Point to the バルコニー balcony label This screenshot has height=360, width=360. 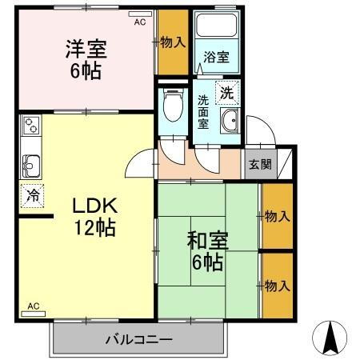click(x=138, y=340)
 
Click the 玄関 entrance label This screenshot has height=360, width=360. click(x=259, y=164)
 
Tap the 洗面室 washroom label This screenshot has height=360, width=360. click(x=204, y=113)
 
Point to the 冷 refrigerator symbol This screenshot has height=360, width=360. click(x=33, y=194)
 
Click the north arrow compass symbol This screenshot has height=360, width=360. click(x=331, y=338)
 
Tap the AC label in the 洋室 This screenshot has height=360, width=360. click(x=140, y=22)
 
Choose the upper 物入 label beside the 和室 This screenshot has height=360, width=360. click(x=277, y=216)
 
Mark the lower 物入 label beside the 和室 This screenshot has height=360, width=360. click(x=277, y=286)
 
